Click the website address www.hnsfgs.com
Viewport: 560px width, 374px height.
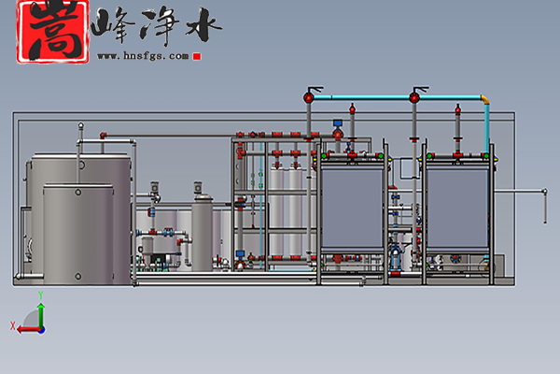pos(144,56)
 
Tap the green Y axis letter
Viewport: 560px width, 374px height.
pos(41,295)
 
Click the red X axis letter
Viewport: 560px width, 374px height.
pos(13,326)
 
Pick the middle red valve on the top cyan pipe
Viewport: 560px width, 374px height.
pos(413,95)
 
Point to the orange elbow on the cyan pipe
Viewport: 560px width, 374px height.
pos(484,98)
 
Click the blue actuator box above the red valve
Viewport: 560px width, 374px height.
pos(339,120)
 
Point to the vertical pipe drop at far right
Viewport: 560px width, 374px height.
pos(543,206)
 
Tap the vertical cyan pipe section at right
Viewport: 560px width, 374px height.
pos(486,126)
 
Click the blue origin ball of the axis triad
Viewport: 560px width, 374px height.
pos(41,327)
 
